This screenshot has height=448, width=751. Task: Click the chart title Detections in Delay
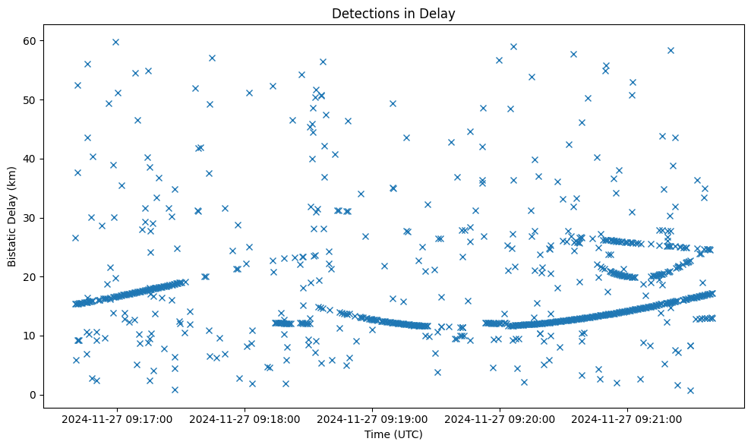[x=393, y=13]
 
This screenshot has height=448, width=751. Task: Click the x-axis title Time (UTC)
[x=393, y=434]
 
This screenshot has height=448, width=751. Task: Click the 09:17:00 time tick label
[x=118, y=418]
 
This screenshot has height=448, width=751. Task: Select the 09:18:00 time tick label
[x=245, y=418]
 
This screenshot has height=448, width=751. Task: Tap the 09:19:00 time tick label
[x=373, y=418]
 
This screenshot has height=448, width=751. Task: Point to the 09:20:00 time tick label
[x=500, y=418]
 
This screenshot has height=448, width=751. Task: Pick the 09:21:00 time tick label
[x=628, y=418]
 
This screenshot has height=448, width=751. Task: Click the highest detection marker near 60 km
[x=115, y=42]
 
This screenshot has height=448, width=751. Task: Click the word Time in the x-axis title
[x=377, y=434]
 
